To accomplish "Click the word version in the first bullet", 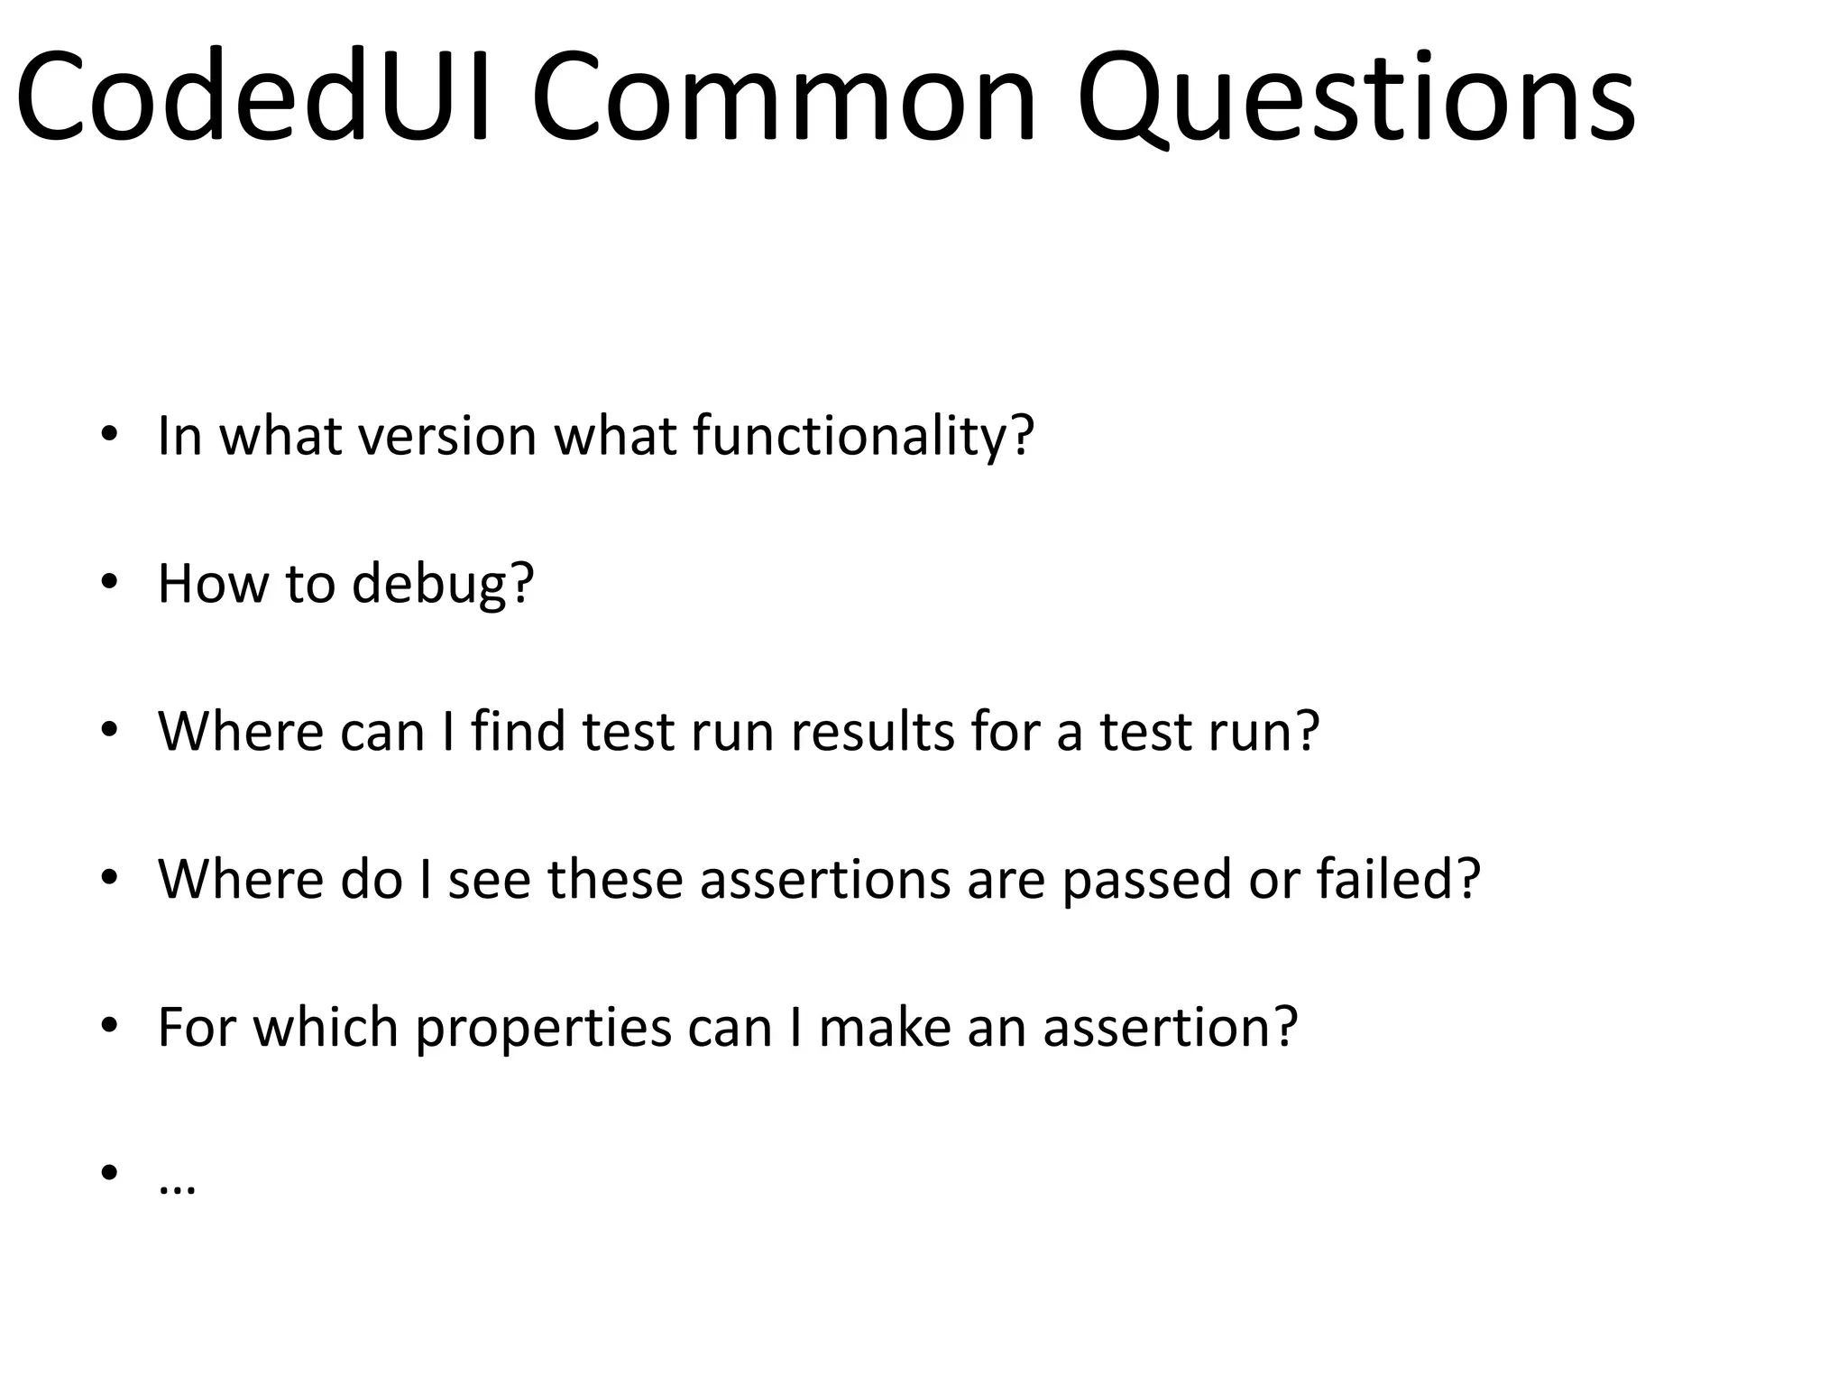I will coord(447,435).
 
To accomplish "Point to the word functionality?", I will coord(863,435).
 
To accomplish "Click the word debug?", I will coord(443,583).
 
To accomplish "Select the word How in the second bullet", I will coord(212,583).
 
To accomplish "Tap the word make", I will coord(884,1027).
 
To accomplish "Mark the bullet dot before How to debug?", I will coord(109,583).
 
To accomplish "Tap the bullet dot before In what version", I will coord(109,435).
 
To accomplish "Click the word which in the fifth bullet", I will coord(325,1027).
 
